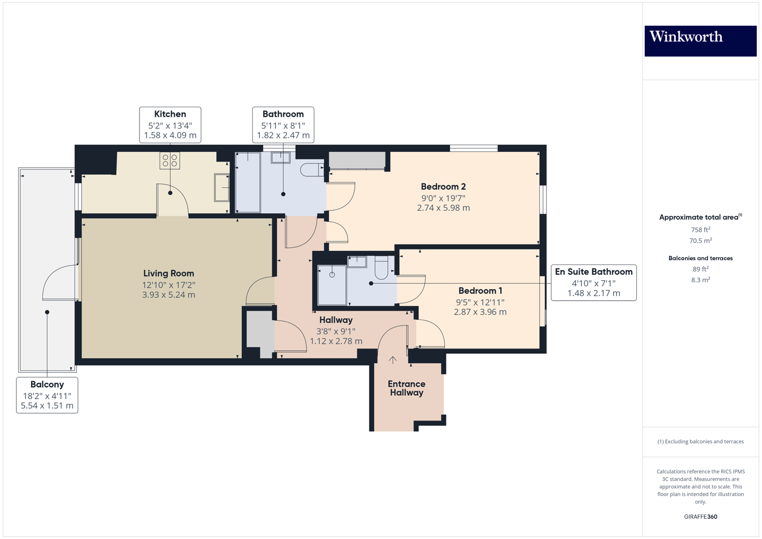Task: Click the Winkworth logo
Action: click(700, 40)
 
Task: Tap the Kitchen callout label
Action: click(170, 125)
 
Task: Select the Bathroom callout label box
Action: click(283, 125)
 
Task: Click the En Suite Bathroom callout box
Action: click(594, 282)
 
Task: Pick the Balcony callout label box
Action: click(47, 395)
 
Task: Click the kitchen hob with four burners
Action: click(170, 160)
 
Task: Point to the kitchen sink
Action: click(222, 187)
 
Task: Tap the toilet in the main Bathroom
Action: click(312, 169)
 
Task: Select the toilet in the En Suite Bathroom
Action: click(381, 267)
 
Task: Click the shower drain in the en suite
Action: click(332, 274)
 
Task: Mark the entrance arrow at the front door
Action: click(393, 359)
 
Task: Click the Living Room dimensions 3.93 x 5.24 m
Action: click(168, 295)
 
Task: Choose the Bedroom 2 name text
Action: click(443, 187)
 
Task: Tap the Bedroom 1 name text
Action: click(480, 291)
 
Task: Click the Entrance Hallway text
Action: click(406, 388)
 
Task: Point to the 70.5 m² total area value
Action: click(700, 240)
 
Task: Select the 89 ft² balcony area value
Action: click(700, 269)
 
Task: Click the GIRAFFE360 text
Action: click(700, 517)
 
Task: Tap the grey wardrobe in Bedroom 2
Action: click(357, 160)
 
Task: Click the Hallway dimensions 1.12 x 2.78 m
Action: click(336, 341)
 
